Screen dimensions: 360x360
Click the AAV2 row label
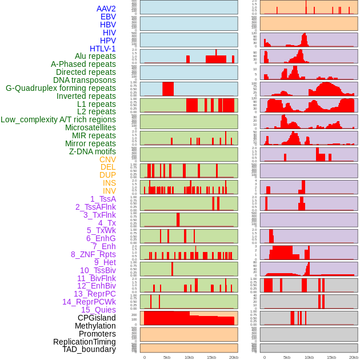click(106, 9)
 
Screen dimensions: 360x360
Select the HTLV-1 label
click(102, 49)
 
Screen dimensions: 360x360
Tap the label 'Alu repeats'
click(95, 56)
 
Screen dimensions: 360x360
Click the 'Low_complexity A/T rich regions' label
click(58, 119)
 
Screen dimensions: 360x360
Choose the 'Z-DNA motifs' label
click(93, 151)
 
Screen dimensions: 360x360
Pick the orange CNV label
click(107, 159)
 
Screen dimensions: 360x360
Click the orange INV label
click(109, 191)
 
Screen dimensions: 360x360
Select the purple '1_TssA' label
click(103, 199)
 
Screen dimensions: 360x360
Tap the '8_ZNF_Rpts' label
click(93, 254)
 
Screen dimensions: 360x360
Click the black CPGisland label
click(97, 318)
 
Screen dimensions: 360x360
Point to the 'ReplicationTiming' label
click(85, 342)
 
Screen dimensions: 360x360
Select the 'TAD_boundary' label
click(89, 349)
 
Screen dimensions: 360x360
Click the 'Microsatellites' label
click(90, 127)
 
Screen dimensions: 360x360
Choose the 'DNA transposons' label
click(85, 80)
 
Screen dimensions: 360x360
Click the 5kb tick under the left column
click(167, 357)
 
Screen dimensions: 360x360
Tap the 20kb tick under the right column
click(354, 357)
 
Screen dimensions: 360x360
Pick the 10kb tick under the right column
click(309, 357)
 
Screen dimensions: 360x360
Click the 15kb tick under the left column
click(211, 357)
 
